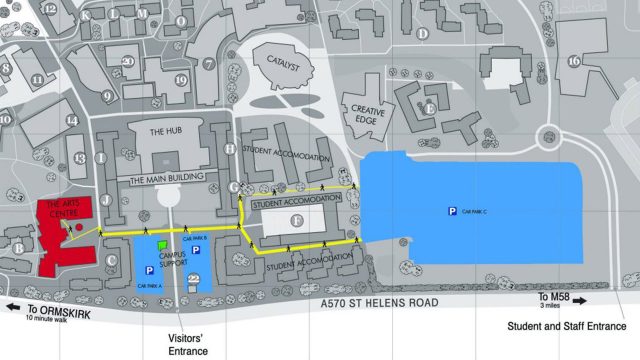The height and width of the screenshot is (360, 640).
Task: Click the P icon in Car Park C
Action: (451, 211)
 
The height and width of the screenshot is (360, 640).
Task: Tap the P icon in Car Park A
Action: (151, 270)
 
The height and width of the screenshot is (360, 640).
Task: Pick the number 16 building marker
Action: (574, 61)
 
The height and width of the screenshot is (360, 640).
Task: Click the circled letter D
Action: (423, 33)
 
